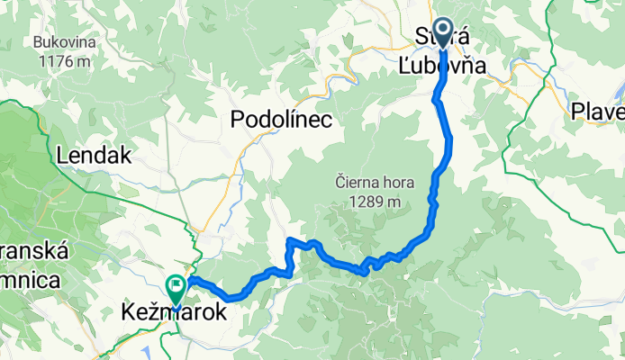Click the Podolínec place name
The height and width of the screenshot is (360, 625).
coord(282,120)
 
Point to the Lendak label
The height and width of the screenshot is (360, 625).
coord(94,156)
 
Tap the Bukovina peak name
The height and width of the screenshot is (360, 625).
coord(60,42)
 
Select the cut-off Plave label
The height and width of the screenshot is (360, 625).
coord(597,112)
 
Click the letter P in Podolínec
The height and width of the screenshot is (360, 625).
coord(239,120)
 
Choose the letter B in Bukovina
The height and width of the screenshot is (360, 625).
coord(36,42)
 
